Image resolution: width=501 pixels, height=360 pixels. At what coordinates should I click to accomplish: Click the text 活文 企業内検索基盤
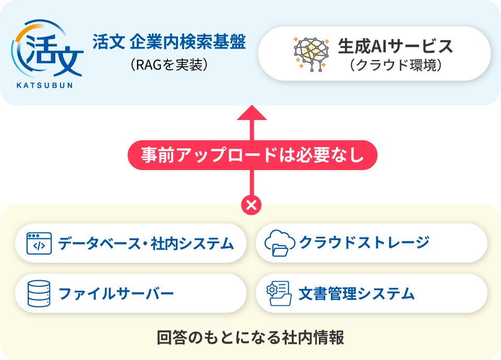(169, 42)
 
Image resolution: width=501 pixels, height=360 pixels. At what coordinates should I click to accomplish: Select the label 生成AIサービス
(396, 46)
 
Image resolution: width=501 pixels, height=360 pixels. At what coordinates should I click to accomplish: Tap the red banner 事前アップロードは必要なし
(252, 155)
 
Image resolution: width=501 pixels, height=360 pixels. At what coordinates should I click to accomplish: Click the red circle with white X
(252, 205)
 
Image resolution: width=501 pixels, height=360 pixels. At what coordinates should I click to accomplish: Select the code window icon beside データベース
(39, 243)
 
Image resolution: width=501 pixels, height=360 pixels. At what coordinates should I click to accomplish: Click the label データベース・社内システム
(146, 243)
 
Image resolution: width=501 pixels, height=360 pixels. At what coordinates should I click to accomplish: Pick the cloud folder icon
(277, 244)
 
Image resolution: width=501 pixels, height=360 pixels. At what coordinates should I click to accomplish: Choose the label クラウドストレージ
(364, 243)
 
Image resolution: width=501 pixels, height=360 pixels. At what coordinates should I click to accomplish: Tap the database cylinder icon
(39, 293)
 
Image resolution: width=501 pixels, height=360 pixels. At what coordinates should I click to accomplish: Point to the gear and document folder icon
(278, 294)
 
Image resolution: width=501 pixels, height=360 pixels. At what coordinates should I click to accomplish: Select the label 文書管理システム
(357, 294)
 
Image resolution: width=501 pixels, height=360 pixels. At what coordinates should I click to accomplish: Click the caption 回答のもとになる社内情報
(250, 338)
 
